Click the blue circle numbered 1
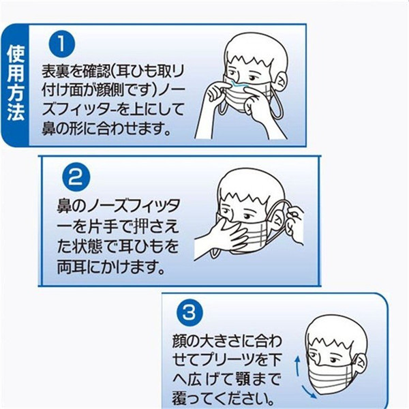pyautogui.click(x=62, y=44)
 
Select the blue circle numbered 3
pyautogui.click(x=190, y=312)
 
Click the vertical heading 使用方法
pyautogui.click(x=16, y=84)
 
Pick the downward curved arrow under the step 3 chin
pyautogui.click(x=309, y=393)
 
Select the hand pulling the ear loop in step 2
pyautogui.click(x=294, y=222)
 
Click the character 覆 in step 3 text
pyautogui.click(x=179, y=398)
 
